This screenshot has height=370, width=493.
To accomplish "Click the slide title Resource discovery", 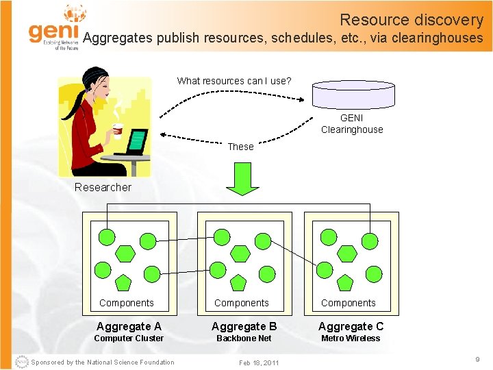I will point(411,20).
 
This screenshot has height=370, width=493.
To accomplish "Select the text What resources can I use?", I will point(234,81).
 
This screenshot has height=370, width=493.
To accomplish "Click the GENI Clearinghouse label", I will point(352,124).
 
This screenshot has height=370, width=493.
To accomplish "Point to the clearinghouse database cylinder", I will point(353,94).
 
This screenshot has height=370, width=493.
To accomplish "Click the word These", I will point(240,147).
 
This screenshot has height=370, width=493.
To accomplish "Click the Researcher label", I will point(103,187).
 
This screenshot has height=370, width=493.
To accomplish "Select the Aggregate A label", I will point(129,326).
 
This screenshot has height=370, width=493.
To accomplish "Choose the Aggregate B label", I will point(244,326).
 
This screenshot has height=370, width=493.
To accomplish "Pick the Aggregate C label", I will point(351,326).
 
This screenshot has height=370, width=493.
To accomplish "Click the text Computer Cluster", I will point(129,338).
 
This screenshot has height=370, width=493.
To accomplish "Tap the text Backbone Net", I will point(244,338).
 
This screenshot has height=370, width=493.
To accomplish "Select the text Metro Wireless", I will point(351,338).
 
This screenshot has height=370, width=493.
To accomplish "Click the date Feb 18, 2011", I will point(259,362).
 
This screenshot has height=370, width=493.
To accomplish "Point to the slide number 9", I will point(477,358).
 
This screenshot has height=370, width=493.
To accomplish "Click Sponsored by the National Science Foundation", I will point(103,362).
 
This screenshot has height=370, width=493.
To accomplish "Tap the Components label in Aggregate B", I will point(241,303).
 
